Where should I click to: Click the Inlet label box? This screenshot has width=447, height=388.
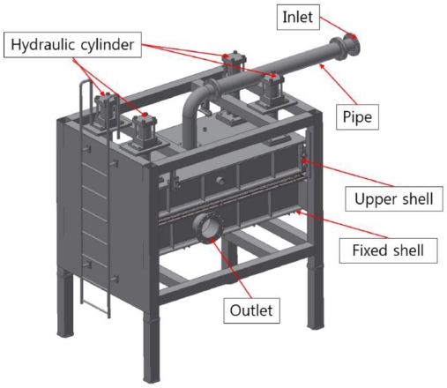(x=298, y=17)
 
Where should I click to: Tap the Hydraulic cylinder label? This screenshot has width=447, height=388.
(x=72, y=45)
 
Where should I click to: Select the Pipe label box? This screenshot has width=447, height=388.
(x=357, y=116)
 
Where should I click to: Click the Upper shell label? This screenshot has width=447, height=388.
(x=394, y=198)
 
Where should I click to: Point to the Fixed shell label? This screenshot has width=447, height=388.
(x=388, y=250)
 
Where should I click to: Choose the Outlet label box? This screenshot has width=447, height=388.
(x=251, y=310)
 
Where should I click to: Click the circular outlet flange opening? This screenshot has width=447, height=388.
(x=209, y=228)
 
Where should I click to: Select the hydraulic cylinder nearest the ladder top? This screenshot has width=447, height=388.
(x=105, y=111)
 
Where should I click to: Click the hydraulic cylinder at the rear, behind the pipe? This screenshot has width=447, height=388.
(x=234, y=64)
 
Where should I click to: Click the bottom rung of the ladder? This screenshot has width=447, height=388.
(x=95, y=305)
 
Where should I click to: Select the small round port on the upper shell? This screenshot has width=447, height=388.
(x=220, y=181)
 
